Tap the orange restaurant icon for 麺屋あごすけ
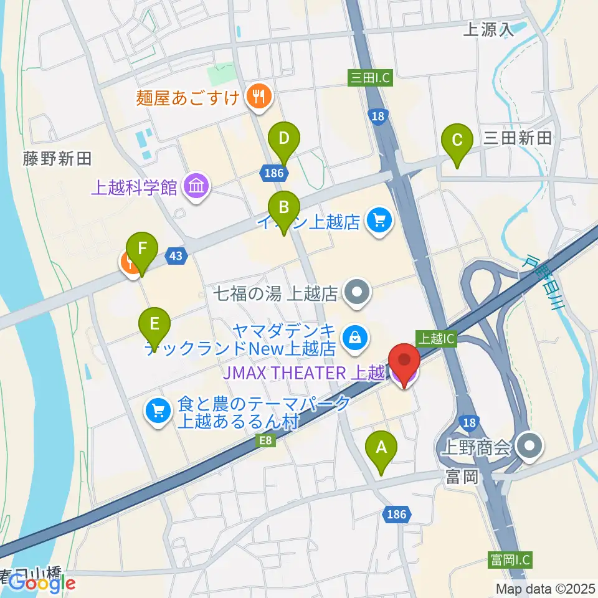coord(257,96)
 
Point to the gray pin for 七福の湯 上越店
coord(357,291)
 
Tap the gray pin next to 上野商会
coord(530,446)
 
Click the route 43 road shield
coord(176,255)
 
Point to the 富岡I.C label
coord(510,560)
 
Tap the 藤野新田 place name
coord(57,159)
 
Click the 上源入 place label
coord(488,29)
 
